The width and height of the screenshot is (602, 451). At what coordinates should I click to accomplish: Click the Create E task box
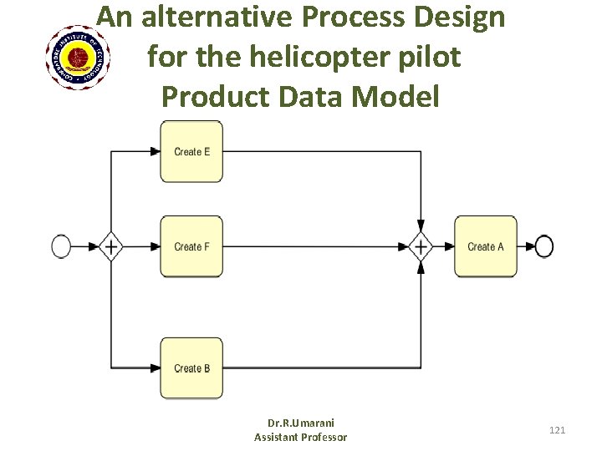tap(191, 151)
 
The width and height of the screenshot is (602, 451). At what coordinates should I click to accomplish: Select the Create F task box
tap(191, 246)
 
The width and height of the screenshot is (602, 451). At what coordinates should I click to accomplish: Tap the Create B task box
tap(191, 367)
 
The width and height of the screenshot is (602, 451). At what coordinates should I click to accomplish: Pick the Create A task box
tap(485, 246)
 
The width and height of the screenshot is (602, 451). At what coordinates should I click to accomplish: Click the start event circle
tap(61, 246)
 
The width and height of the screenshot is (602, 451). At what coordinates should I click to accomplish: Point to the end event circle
tap(544, 246)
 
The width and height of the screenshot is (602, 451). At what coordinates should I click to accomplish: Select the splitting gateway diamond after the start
tap(110, 246)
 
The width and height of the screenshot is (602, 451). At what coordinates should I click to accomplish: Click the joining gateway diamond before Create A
tap(421, 246)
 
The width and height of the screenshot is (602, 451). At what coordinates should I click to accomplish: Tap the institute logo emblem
tap(80, 57)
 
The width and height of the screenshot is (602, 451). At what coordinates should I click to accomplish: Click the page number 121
tap(557, 430)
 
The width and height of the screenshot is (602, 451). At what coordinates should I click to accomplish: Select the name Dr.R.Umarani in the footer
tap(300, 423)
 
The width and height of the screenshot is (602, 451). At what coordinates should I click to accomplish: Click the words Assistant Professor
tap(300, 437)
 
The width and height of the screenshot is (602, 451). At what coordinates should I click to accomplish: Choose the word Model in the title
tap(396, 97)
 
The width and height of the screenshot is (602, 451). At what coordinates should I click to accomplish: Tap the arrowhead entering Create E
tap(156, 151)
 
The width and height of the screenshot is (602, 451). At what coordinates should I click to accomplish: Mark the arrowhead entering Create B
tap(156, 367)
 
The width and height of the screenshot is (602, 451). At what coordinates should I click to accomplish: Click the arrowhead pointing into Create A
tap(449, 246)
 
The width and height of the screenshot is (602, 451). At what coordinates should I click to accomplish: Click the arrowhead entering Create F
tap(156, 246)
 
